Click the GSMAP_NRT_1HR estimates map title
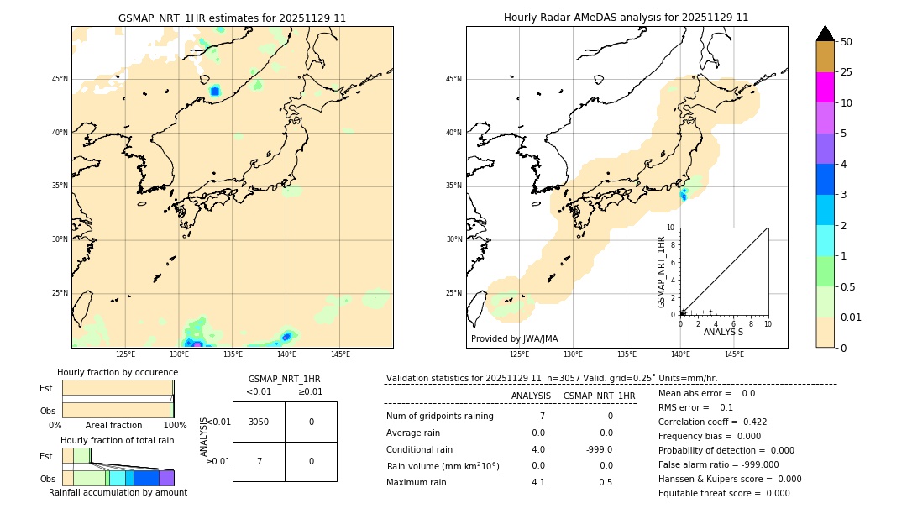232,18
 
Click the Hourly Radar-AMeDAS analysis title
626,18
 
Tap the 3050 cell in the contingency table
259,422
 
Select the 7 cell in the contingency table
259,461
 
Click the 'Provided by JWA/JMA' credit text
514,338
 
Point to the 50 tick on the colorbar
847,41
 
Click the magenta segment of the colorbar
826,87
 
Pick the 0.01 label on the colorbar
852,317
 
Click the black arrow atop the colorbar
826,34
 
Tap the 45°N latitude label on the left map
60,79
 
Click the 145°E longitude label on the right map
734,354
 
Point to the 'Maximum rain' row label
416,482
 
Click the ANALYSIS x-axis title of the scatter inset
723,332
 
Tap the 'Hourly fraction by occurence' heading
117,372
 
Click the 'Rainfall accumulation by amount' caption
118,493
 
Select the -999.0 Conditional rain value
599,449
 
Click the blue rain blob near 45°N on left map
214,91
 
